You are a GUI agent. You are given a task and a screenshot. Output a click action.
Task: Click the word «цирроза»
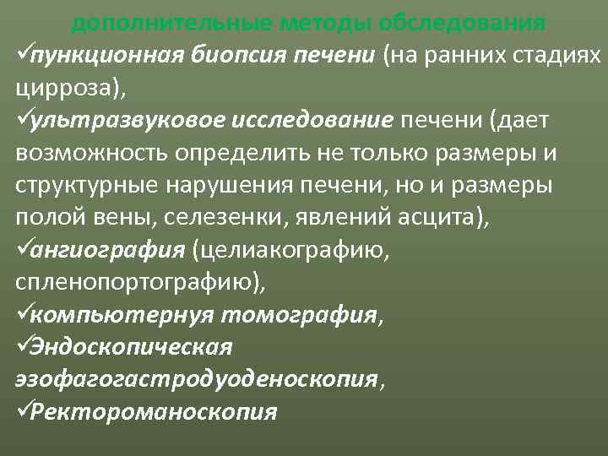[58, 87]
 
